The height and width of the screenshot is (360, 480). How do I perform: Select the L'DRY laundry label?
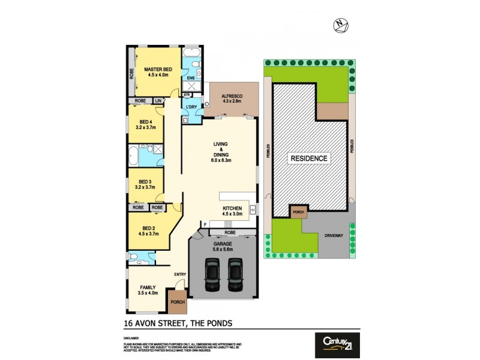[x=191, y=107]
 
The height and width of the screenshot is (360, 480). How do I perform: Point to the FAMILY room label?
[x=148, y=289]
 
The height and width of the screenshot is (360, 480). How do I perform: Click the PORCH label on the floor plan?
[x=178, y=302]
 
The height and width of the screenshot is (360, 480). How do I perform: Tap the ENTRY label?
[x=179, y=275]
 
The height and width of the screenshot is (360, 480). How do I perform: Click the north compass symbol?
[x=341, y=25]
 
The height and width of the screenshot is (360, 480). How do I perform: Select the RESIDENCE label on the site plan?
[x=310, y=158]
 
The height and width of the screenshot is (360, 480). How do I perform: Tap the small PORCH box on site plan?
[x=298, y=212]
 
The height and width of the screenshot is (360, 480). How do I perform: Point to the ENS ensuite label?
[x=190, y=78]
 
